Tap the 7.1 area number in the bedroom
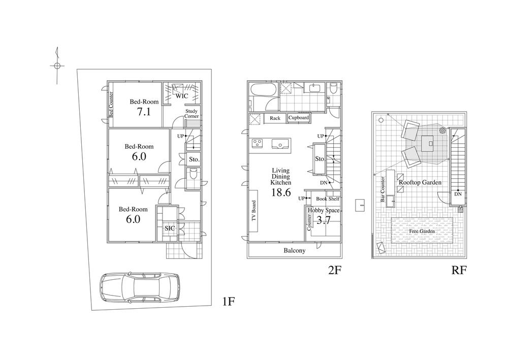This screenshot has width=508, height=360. [x=144, y=112]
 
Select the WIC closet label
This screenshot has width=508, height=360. [x=181, y=95]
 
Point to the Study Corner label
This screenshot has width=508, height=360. [x=192, y=113]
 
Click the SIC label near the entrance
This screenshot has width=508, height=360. [x=170, y=228]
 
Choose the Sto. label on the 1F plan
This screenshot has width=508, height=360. [x=194, y=159]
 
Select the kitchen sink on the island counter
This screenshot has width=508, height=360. [x=280, y=144]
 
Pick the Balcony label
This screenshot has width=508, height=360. [x=294, y=251]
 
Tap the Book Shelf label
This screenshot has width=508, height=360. [x=327, y=199]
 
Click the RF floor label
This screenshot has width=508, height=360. [x=459, y=270]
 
